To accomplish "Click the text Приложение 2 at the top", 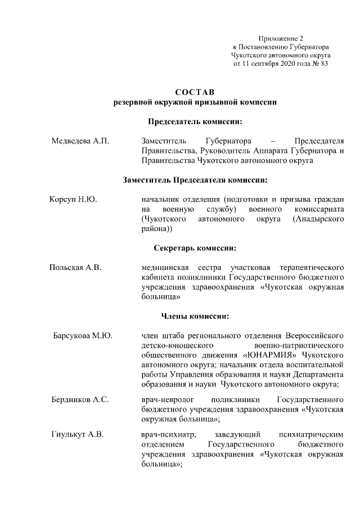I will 281,38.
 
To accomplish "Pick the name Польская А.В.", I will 75,267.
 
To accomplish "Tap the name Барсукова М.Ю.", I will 82,336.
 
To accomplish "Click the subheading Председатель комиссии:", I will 195,121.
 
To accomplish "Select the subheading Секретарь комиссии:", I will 195,247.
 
